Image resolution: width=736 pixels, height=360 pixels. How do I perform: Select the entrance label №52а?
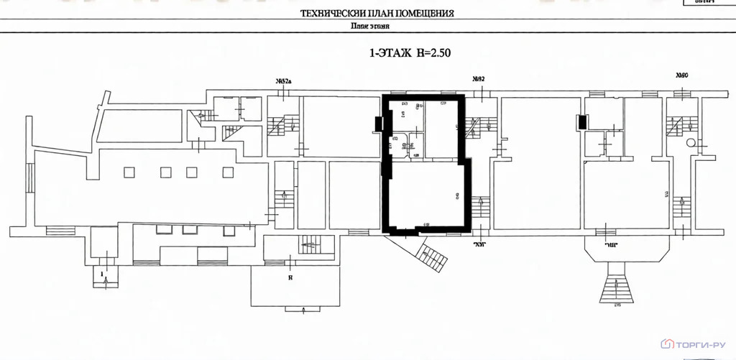[x=282, y=80]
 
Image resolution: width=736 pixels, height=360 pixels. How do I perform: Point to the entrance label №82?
[x=478, y=79]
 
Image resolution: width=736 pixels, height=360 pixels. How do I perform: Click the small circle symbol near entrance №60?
[x=691, y=143]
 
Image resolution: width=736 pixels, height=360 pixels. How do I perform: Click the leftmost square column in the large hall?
[x=129, y=172]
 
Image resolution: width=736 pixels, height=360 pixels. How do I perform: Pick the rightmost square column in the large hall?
[x=228, y=172]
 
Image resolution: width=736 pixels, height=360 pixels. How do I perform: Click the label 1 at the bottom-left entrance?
[x=103, y=274]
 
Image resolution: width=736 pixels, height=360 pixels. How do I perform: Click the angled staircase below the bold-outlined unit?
[x=433, y=256]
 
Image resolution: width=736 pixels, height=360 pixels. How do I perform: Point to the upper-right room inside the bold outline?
[x=442, y=127]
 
